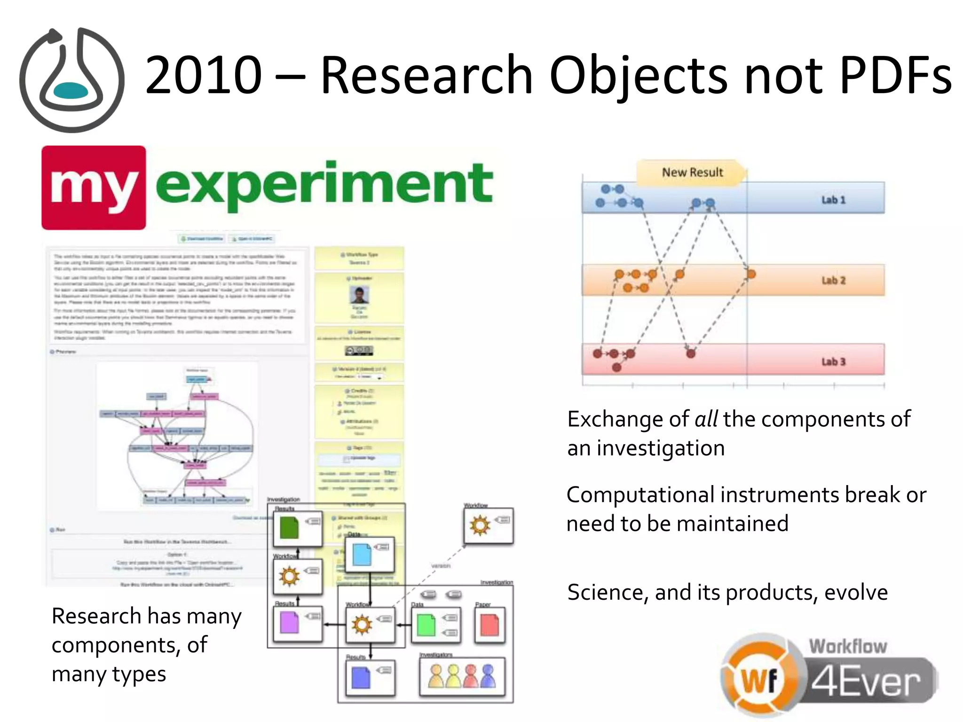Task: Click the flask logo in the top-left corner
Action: (x=71, y=80)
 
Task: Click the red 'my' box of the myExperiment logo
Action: (x=94, y=188)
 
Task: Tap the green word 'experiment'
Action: (x=324, y=185)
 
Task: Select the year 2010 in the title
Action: (x=203, y=75)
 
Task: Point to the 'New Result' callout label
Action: (x=692, y=173)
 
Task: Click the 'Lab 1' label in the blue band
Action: (x=833, y=200)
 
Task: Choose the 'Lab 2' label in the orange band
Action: (x=833, y=281)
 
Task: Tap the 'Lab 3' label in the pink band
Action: (x=833, y=361)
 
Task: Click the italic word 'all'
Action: (x=706, y=419)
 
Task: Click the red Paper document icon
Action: (x=489, y=625)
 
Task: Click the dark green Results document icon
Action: (x=289, y=527)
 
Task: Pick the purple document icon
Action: (x=289, y=623)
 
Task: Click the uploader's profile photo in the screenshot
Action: (x=359, y=295)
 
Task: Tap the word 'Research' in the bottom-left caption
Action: (x=96, y=616)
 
